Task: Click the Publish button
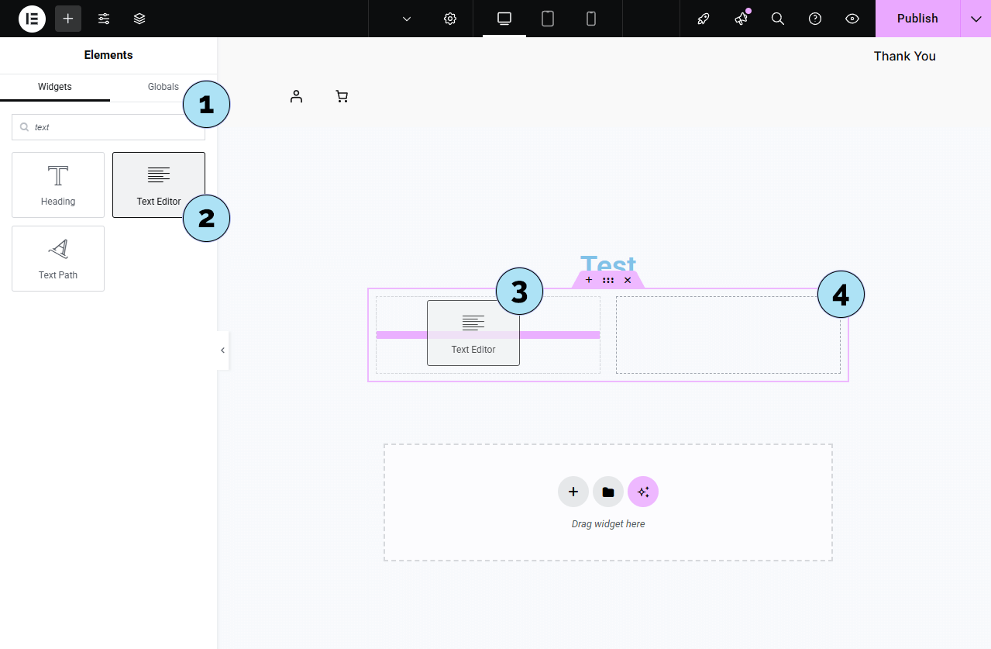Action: tap(917, 19)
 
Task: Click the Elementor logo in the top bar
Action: tap(32, 19)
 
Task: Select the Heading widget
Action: tap(58, 185)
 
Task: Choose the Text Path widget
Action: tap(58, 258)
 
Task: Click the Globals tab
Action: tap(163, 87)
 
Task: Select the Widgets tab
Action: tap(55, 87)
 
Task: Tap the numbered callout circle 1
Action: tap(206, 104)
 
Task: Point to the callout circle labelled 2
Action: tap(206, 218)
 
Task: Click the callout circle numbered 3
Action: tap(519, 292)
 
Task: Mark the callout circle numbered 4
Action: tap(840, 294)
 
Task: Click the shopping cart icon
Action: tap(342, 96)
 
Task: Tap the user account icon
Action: tap(296, 96)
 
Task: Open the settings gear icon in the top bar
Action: tap(450, 19)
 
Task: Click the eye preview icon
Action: tap(852, 19)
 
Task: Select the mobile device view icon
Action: tap(591, 19)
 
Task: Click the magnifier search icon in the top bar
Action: tap(778, 19)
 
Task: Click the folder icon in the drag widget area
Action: tap(608, 492)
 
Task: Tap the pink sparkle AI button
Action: tap(643, 492)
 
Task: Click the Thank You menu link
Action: tap(904, 56)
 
